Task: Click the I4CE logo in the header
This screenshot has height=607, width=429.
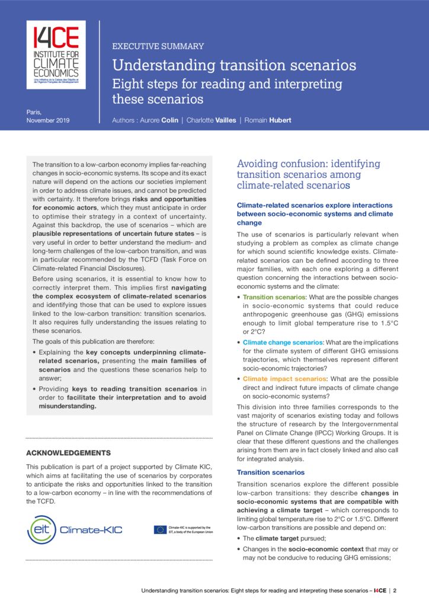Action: pos(56,55)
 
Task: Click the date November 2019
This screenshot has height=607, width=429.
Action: pos(48,120)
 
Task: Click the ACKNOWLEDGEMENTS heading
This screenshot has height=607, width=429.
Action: pos(68,453)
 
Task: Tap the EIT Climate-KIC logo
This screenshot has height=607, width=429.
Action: pos(75,529)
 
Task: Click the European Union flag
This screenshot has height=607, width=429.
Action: pos(160,529)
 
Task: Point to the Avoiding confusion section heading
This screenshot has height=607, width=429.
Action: pos(308,174)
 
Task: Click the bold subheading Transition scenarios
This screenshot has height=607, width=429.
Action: pos(271,472)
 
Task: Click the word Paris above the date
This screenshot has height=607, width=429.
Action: pos(34,111)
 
